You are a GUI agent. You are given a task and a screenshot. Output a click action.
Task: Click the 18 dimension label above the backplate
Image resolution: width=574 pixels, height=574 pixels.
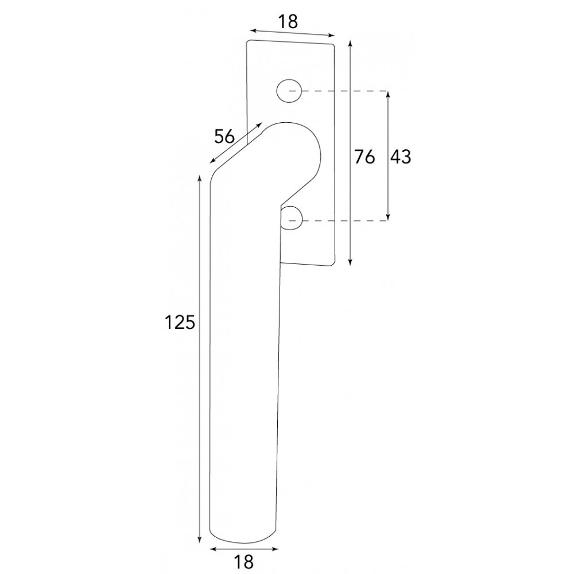[x=288, y=22]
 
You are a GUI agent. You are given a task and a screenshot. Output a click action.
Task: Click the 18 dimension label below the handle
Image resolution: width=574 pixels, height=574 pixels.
[x=243, y=561]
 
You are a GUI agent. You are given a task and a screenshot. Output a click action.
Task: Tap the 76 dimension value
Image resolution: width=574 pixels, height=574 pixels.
[x=364, y=157]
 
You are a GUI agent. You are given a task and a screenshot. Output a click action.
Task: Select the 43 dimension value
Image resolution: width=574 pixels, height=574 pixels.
[x=401, y=157]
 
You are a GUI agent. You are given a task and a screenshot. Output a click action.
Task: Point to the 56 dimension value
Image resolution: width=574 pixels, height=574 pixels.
[x=224, y=137]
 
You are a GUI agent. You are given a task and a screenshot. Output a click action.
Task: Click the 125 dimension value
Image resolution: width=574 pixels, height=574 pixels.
[x=179, y=323]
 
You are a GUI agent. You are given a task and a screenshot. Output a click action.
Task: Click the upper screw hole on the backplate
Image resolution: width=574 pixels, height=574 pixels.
[x=289, y=90]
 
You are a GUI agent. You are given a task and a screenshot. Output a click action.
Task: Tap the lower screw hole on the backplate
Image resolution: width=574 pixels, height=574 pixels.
[x=292, y=218]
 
